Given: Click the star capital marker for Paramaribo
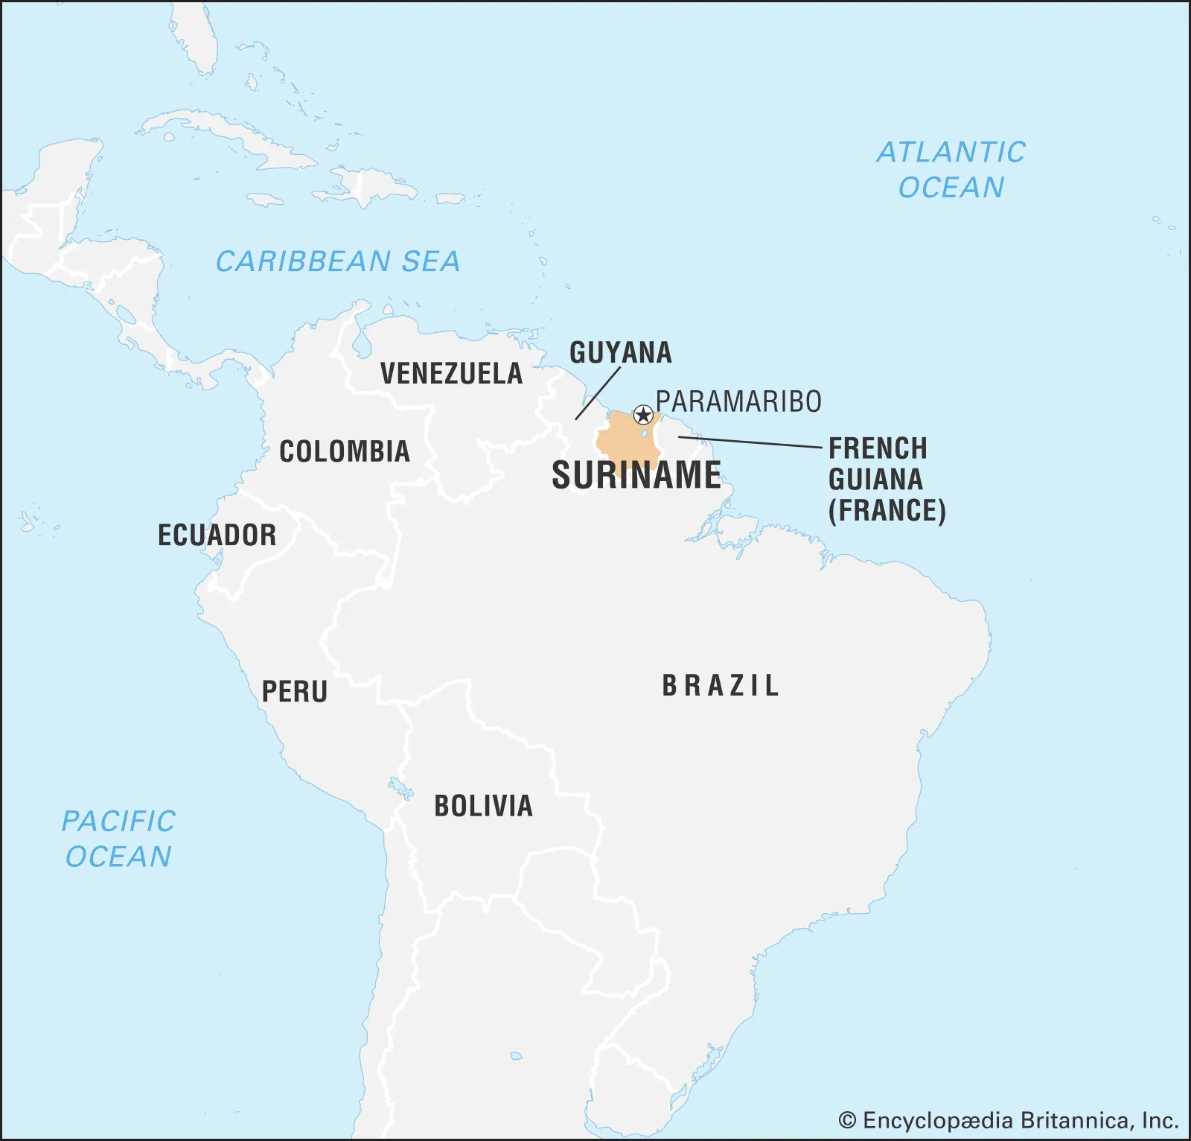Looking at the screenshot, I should pyautogui.click(x=643, y=415).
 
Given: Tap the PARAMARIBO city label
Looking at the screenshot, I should pyautogui.click(x=738, y=401).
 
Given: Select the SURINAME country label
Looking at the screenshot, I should pyautogui.click(x=636, y=475).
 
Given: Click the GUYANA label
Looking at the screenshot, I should pyautogui.click(x=620, y=352).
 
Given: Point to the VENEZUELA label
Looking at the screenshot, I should pyautogui.click(x=451, y=373).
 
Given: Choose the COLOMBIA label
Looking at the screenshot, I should pyautogui.click(x=345, y=451).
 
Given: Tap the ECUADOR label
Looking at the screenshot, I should pyautogui.click(x=217, y=535).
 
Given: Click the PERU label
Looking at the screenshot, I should pyautogui.click(x=295, y=692).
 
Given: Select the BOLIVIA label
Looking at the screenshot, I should pyautogui.click(x=483, y=806).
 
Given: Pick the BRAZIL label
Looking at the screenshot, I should pyautogui.click(x=721, y=685).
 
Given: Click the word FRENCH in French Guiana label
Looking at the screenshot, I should pyautogui.click(x=878, y=448).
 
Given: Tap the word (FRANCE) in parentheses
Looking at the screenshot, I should pyautogui.click(x=887, y=511).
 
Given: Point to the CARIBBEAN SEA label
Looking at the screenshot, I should pyautogui.click(x=337, y=261).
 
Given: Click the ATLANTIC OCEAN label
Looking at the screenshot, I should pyautogui.click(x=951, y=170).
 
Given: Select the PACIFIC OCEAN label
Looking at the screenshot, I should pyautogui.click(x=118, y=839).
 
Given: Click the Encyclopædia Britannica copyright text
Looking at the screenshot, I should pyautogui.click(x=1009, y=1121).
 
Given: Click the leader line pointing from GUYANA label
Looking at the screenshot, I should pyautogui.click(x=597, y=393).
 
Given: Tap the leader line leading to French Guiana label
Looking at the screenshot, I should pyautogui.click(x=752, y=442).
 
